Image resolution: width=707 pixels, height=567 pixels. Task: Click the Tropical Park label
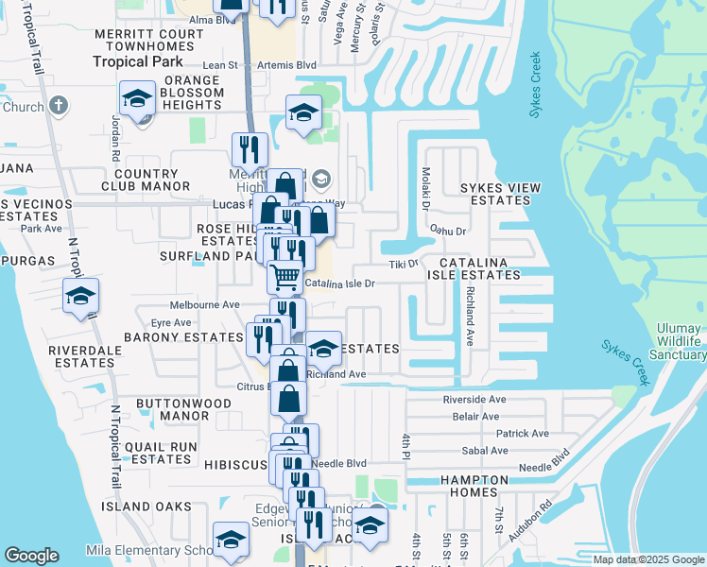133,61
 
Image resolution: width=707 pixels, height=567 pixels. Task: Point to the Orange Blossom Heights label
184,94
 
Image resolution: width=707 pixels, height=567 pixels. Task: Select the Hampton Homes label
481,486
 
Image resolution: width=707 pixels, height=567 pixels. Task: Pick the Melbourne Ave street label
205,305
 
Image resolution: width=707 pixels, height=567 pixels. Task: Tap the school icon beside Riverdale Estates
80,297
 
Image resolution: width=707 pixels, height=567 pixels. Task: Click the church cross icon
58,105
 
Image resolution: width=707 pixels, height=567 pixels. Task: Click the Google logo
32,556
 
